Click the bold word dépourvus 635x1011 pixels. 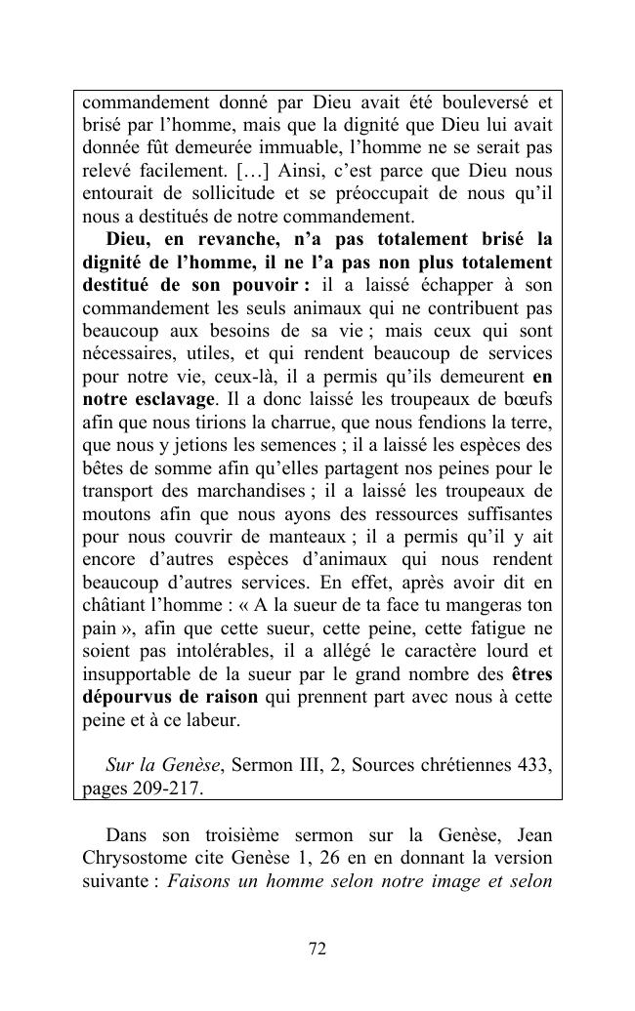[126, 697]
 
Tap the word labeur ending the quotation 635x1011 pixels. [213, 720]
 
